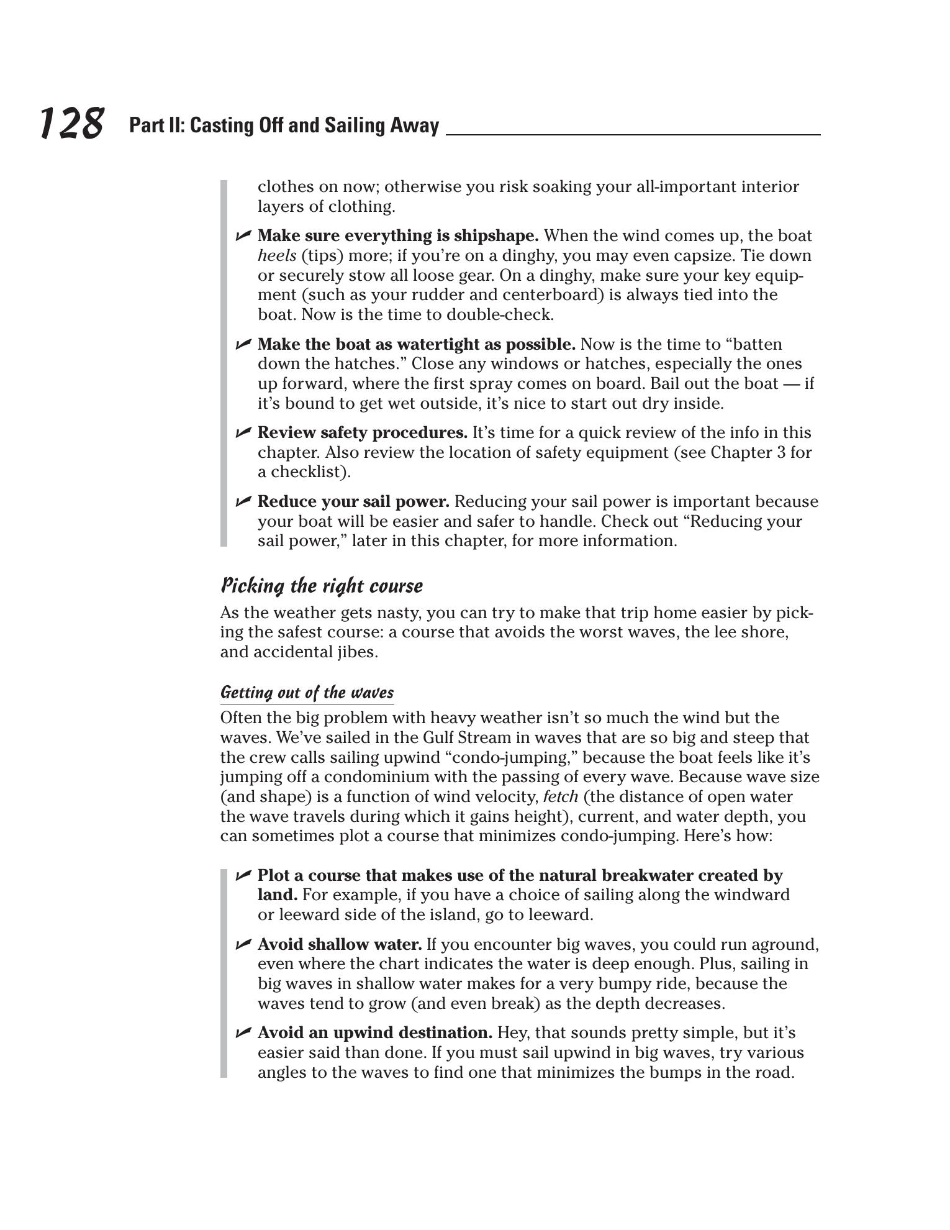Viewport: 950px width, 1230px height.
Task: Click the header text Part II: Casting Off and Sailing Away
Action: coord(284,125)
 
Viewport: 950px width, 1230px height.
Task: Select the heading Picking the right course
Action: coord(322,586)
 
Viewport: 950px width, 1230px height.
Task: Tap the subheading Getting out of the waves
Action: coord(307,692)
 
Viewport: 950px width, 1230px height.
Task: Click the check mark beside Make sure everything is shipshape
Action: coord(243,235)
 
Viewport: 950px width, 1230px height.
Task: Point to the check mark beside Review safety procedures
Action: coord(243,432)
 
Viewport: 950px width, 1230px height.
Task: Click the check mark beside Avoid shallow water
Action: coord(243,945)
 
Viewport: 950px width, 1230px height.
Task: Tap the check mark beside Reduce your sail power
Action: coord(243,501)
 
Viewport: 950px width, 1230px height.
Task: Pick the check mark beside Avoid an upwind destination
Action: coord(243,1033)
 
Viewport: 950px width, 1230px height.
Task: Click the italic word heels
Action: coord(276,255)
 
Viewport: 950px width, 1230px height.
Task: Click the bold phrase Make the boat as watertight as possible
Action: coord(416,344)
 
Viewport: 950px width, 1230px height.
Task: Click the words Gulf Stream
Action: coord(463,737)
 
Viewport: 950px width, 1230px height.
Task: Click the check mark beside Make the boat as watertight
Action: coord(243,344)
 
